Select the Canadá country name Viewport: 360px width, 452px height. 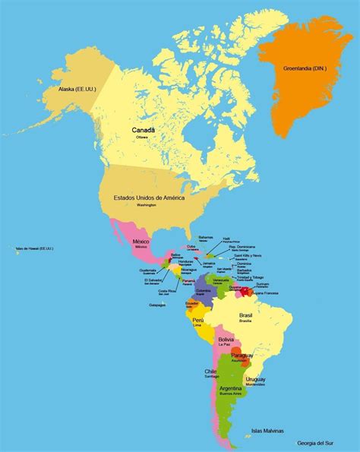(144, 130)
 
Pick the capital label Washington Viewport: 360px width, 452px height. (147, 205)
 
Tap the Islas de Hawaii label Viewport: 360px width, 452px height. (33, 248)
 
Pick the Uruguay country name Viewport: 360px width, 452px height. (255, 379)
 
